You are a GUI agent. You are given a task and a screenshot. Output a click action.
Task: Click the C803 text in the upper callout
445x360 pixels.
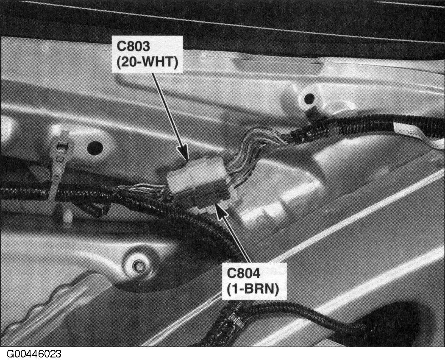click(133, 46)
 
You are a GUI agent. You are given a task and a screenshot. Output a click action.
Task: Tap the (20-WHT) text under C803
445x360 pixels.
click(147, 62)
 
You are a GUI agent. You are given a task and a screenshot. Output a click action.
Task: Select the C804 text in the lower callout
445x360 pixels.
click(243, 273)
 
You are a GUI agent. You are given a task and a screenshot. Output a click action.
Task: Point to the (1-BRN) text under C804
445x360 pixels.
click(253, 290)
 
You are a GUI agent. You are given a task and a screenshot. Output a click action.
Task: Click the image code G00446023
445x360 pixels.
click(34, 354)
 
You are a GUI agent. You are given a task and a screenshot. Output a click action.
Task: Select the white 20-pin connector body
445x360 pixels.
click(197, 175)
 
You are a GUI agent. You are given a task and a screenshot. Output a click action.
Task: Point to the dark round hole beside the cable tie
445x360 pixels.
click(95, 148)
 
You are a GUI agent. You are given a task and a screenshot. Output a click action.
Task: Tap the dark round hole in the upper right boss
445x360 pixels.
click(309, 98)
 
